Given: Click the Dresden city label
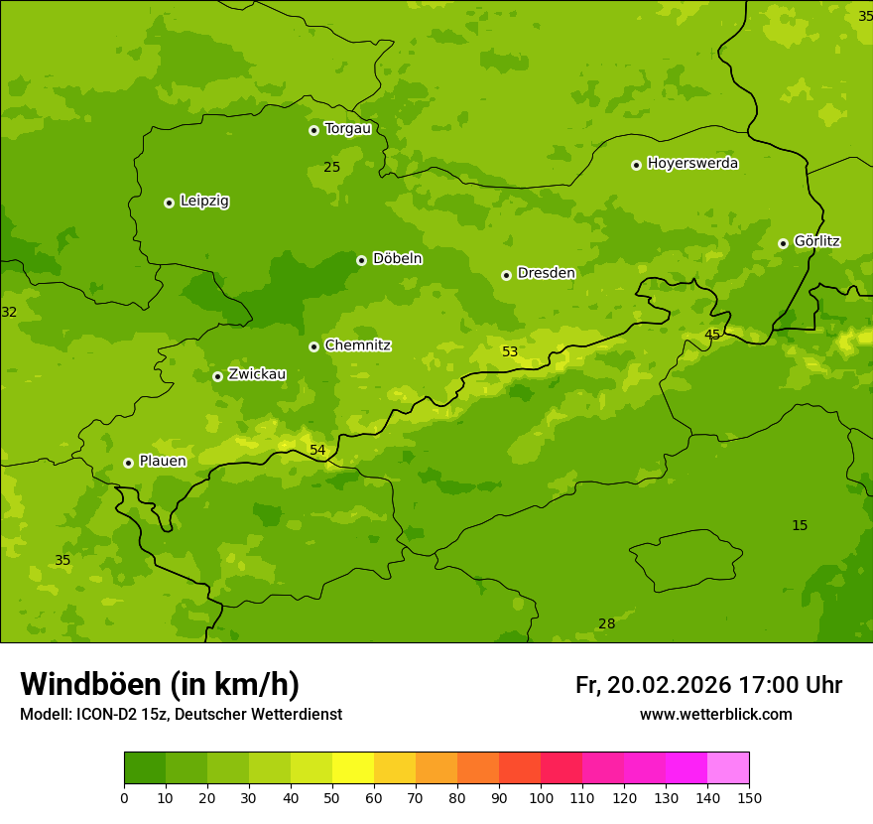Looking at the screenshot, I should [x=546, y=273].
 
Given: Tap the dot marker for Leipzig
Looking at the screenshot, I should [x=169, y=203].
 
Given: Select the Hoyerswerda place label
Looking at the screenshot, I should [x=692, y=163].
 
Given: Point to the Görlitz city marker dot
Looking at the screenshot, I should [x=783, y=243].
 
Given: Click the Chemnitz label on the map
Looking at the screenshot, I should [x=357, y=345].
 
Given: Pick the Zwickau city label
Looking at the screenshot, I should [x=257, y=374].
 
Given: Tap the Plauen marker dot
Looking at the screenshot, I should [x=128, y=463].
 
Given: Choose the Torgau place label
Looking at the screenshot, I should [x=347, y=128].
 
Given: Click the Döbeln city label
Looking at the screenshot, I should [x=397, y=258].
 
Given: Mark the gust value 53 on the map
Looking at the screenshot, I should [x=510, y=351].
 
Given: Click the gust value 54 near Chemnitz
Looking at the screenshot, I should [x=317, y=450].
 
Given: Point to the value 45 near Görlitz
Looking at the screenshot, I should [x=712, y=335].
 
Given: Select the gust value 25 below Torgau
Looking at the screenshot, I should [x=332, y=167].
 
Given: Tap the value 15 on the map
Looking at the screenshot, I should [x=800, y=525].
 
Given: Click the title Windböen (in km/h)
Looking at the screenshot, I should [x=160, y=684].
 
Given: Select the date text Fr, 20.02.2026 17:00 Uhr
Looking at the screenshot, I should [x=708, y=685].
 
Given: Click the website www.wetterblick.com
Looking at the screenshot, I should [x=715, y=715].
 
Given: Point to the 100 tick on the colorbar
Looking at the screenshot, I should [x=541, y=796].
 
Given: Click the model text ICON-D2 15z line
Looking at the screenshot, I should [x=181, y=715].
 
